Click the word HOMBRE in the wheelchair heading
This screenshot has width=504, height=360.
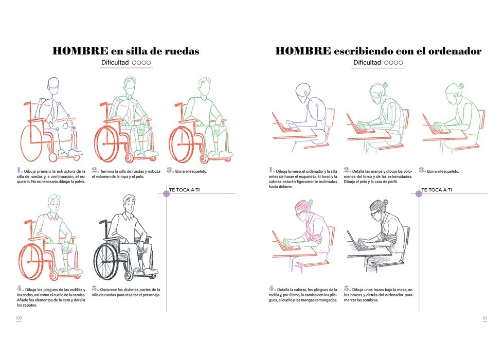(x=80, y=51)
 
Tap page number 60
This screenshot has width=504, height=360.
(x=19, y=318)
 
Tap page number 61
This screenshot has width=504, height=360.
(x=484, y=318)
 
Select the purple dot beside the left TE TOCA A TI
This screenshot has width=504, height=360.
(x=167, y=193)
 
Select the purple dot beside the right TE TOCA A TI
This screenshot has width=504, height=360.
(x=419, y=193)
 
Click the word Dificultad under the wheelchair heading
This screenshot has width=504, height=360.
(x=115, y=62)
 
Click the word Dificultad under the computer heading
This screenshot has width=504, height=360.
(x=367, y=62)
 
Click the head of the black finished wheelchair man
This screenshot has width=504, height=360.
(x=129, y=204)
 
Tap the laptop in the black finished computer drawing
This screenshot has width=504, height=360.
(x=359, y=242)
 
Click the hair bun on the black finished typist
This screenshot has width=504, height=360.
(x=386, y=202)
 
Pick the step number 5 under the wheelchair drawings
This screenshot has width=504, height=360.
(x=95, y=289)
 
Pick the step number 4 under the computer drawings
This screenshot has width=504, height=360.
(x=272, y=289)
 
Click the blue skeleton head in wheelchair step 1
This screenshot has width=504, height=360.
(x=53, y=85)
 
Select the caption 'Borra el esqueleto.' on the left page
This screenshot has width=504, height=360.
(x=191, y=171)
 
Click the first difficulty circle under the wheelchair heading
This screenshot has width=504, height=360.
(x=134, y=63)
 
